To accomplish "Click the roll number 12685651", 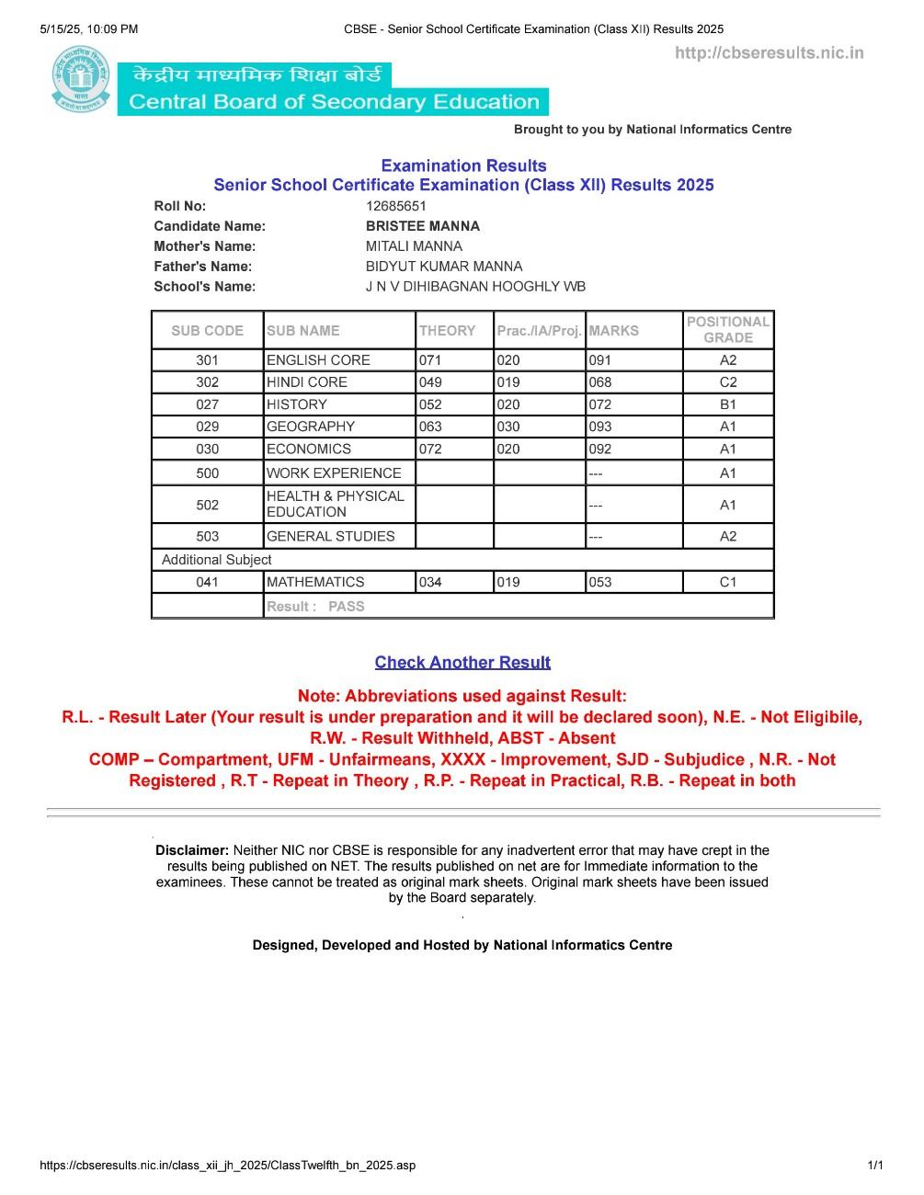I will [395, 206].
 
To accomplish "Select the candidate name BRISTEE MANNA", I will [422, 226].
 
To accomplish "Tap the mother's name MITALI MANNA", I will [414, 246].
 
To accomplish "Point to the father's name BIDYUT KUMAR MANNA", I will [443, 267].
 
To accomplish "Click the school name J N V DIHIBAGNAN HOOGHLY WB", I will [475, 287].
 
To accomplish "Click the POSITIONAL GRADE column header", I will [727, 330].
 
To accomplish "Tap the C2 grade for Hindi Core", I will [727, 382].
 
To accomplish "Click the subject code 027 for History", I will [208, 404].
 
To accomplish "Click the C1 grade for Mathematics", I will [727, 582].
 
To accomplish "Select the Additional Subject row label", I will [217, 560].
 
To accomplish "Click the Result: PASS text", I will [315, 607].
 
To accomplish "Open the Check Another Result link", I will [462, 663].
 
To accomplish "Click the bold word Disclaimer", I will [191, 850].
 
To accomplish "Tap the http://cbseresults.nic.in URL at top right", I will [769, 53].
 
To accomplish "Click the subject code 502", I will [208, 505].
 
